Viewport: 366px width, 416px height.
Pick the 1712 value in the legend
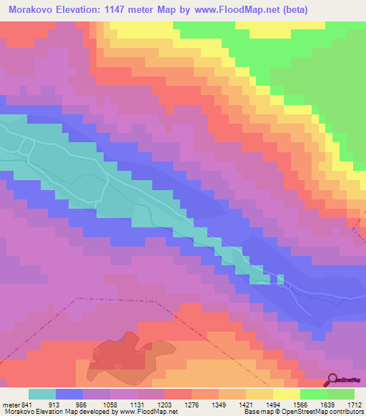click(354, 404)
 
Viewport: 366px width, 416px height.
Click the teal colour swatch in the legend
click(42, 394)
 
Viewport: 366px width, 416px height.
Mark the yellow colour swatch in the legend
click(286, 394)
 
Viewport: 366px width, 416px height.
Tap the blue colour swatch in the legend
click(69, 394)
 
